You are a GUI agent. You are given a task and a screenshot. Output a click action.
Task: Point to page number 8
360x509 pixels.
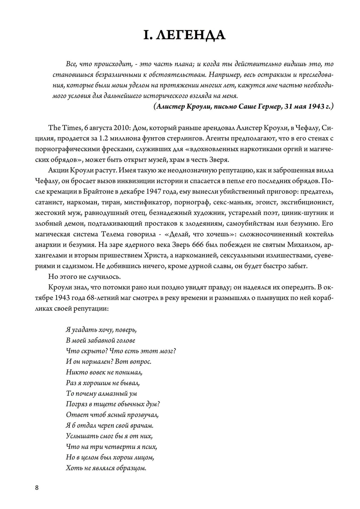click(37, 488)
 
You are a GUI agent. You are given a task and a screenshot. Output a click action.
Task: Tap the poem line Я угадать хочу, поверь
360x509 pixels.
click(101, 330)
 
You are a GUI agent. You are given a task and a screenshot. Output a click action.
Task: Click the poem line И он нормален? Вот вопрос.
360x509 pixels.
click(108, 361)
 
